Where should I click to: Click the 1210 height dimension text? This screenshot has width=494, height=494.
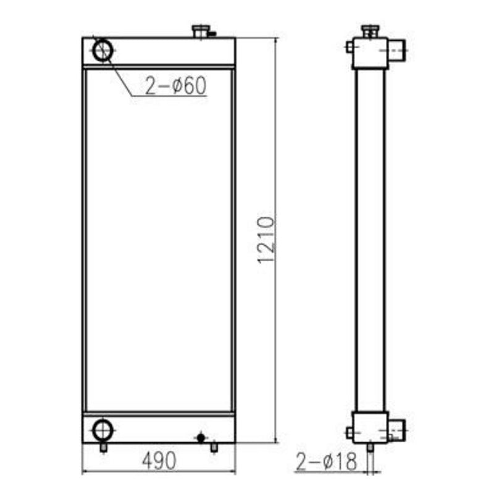coord(266,240)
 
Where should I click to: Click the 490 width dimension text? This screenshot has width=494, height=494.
coord(159,460)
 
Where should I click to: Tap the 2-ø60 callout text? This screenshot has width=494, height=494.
coord(176,87)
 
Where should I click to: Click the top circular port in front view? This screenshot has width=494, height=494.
coord(102,49)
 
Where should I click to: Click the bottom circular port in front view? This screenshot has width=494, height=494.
coord(102,429)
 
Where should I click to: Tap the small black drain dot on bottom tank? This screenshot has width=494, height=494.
coord(200,437)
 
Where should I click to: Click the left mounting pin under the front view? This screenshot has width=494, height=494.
coord(103,448)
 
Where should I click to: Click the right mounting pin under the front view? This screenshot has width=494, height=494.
coord(214,447)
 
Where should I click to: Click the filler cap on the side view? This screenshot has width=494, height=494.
coord(370,31)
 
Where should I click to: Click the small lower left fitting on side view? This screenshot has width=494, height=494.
coord(350,433)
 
